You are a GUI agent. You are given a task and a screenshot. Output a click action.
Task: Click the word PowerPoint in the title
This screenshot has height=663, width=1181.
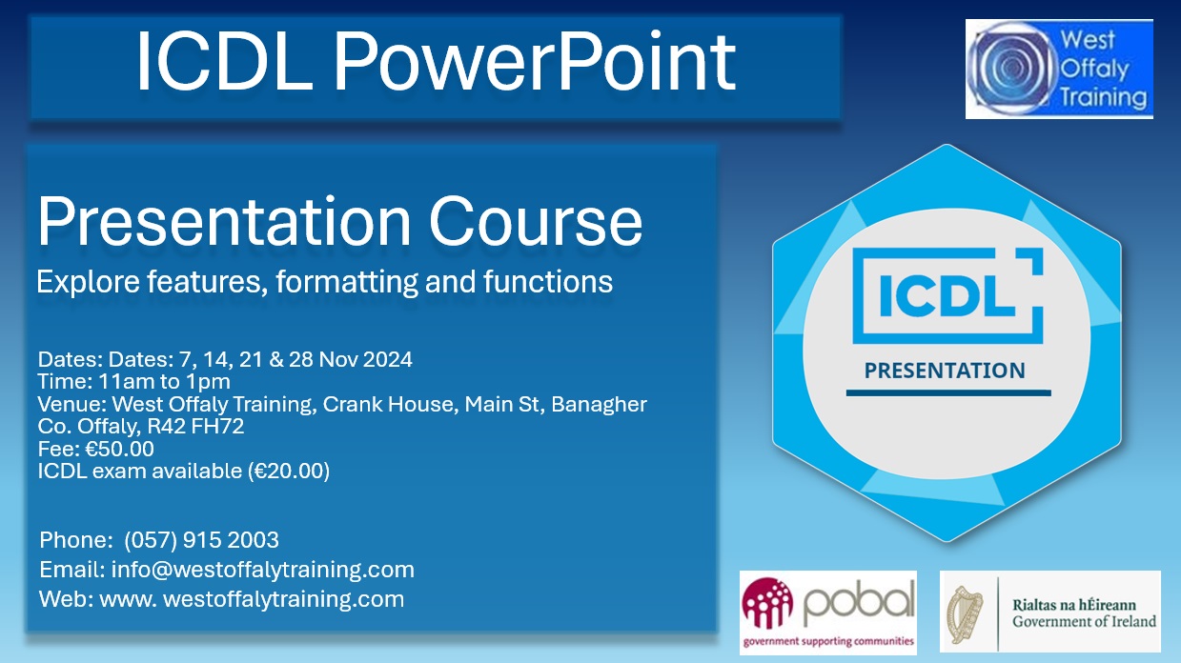coord(534,63)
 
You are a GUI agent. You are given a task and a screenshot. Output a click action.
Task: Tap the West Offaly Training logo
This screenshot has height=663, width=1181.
coord(1059,70)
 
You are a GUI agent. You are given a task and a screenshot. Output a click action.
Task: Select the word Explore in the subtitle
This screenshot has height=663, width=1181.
coord(77,282)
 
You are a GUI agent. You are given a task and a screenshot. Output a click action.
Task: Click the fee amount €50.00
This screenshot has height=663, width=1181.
coord(119,449)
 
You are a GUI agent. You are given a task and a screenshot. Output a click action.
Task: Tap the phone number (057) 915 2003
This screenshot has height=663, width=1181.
coord(201,540)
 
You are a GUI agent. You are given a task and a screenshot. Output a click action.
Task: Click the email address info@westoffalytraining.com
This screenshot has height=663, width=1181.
coord(262,570)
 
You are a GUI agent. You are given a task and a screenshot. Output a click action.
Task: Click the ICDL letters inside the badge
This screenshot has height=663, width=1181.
coord(945,294)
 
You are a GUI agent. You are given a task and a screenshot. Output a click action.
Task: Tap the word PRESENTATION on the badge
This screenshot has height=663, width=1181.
coord(945,370)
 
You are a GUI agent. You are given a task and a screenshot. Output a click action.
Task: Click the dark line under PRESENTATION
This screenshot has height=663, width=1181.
coord(947,392)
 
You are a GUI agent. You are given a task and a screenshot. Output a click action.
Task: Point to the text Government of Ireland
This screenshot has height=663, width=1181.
coord(1084,621)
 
